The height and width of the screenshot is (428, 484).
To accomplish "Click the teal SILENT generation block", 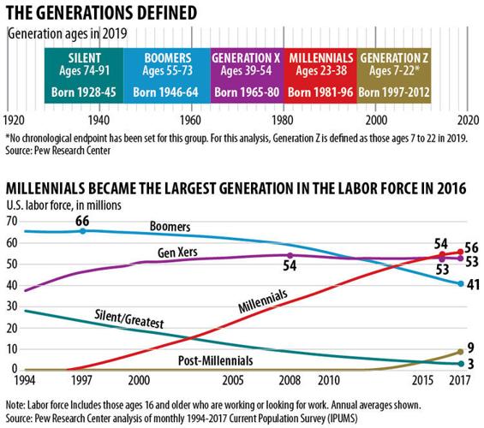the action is pyautogui.click(x=84, y=75).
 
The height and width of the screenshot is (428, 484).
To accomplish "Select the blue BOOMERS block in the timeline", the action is pyautogui.click(x=167, y=75).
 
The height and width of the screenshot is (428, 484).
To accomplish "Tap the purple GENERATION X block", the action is pyautogui.click(x=247, y=75).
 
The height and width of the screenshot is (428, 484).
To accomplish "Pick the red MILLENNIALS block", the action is pyautogui.click(x=320, y=75).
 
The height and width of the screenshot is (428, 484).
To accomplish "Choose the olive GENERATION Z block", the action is pyautogui.click(x=394, y=75).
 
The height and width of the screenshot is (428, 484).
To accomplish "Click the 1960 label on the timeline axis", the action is pyautogui.click(x=191, y=120).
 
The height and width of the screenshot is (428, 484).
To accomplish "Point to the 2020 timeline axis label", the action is pyautogui.click(x=468, y=120).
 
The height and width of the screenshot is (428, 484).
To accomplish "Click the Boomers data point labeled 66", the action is pyautogui.click(x=83, y=231).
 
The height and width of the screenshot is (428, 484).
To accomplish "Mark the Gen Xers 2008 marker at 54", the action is pyautogui.click(x=290, y=255).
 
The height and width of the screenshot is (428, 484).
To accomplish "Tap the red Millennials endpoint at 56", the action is pyautogui.click(x=461, y=252).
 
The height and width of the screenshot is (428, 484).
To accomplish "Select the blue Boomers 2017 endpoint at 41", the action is pyautogui.click(x=461, y=283).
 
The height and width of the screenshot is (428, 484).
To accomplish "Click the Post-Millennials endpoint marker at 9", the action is pyautogui.click(x=461, y=352).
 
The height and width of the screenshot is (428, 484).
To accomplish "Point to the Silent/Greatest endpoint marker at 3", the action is pyautogui.click(x=461, y=364).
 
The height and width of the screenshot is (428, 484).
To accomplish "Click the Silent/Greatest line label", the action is pyautogui.click(x=129, y=319).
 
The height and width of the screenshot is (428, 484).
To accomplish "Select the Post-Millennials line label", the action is pyautogui.click(x=216, y=360).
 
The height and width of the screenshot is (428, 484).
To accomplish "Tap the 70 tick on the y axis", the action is pyautogui.click(x=12, y=221).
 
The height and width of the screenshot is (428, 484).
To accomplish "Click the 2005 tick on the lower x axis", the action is pyautogui.click(x=233, y=380).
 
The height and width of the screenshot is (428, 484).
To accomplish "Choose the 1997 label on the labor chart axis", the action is pyautogui.click(x=81, y=380).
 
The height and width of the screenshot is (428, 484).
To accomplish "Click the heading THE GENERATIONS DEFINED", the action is pyautogui.click(x=101, y=13).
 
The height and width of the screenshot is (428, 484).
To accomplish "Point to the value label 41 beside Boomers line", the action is pyautogui.click(x=473, y=284).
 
